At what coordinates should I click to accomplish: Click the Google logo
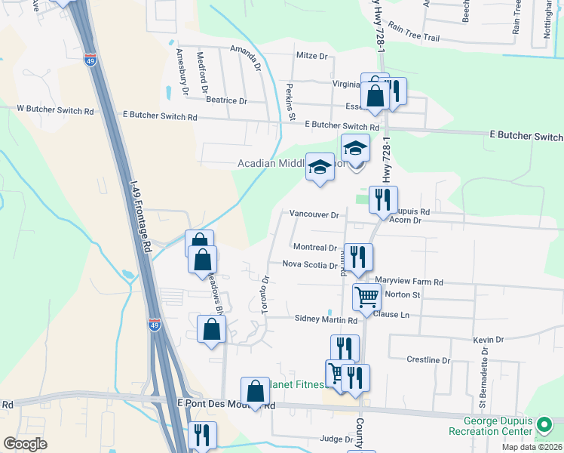click(x=25, y=444)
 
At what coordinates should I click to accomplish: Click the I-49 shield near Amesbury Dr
click(x=90, y=61)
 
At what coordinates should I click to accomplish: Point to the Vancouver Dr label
click(x=314, y=215)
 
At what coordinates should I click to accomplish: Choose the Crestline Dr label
click(x=428, y=361)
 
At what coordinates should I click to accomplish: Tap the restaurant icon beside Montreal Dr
click(x=358, y=256)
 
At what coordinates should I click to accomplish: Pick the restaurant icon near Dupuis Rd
click(x=383, y=199)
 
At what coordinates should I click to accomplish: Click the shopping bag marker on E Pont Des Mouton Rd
click(x=255, y=390)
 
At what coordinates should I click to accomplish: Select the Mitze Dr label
click(x=312, y=56)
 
